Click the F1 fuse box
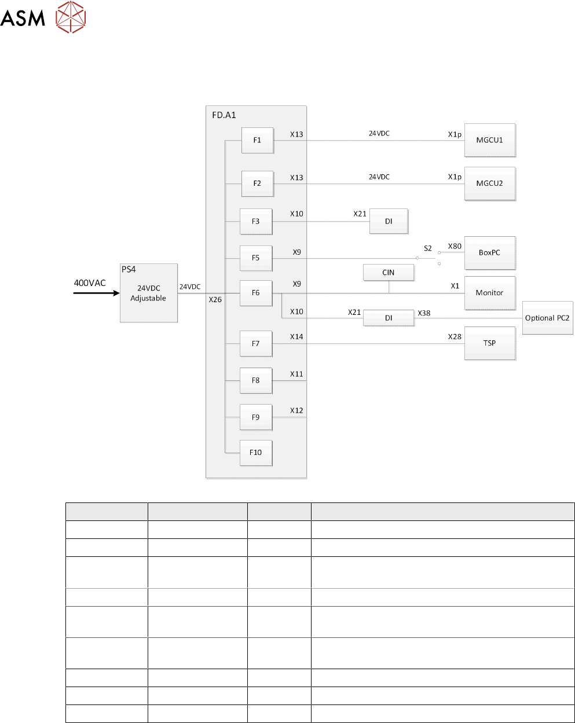coord(257,140)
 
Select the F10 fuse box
coord(256,453)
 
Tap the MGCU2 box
coord(489,183)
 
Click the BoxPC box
coord(489,252)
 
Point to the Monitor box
coord(489,293)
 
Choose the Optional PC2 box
coord(547,318)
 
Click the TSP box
coord(489,343)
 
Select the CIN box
coord(389,273)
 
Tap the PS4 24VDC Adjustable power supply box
coord(148,293)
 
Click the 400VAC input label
coord(90,283)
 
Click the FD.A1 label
coord(224,115)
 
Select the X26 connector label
coord(215,300)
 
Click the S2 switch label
coord(428,248)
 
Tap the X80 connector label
coord(455,247)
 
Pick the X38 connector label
coord(424,313)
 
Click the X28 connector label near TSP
coord(455,337)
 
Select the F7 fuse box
coord(256,344)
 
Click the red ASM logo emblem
coord(71,17)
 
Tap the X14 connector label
coord(296,337)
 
